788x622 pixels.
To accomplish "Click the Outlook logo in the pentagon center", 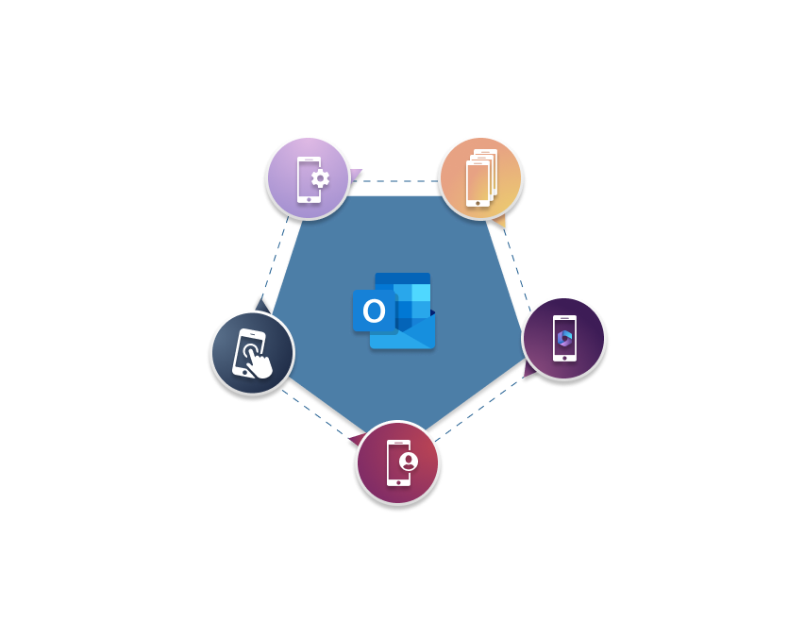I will click(394, 311).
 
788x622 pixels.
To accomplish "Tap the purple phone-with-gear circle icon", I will click(309, 178).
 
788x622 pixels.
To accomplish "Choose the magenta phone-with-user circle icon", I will click(397, 462).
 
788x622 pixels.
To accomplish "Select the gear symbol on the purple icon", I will click(320, 178).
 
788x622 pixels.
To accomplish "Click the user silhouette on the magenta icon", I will click(409, 462).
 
